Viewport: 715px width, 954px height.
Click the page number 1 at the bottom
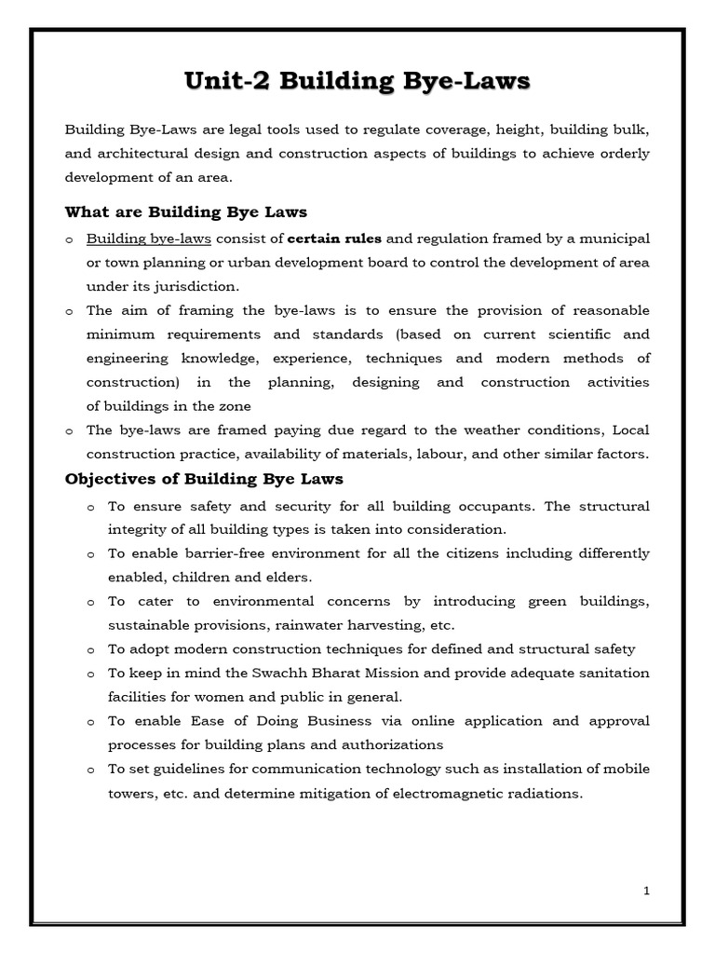tap(646, 891)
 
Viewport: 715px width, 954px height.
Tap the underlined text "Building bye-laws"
tap(149, 238)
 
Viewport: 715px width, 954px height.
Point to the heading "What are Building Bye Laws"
tap(185, 211)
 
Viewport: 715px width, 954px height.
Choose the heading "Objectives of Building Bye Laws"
tap(204, 479)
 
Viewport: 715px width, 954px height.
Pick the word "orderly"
tap(623, 153)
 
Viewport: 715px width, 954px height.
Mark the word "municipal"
tap(615, 238)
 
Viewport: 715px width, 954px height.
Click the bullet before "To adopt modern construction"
tap(90, 649)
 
